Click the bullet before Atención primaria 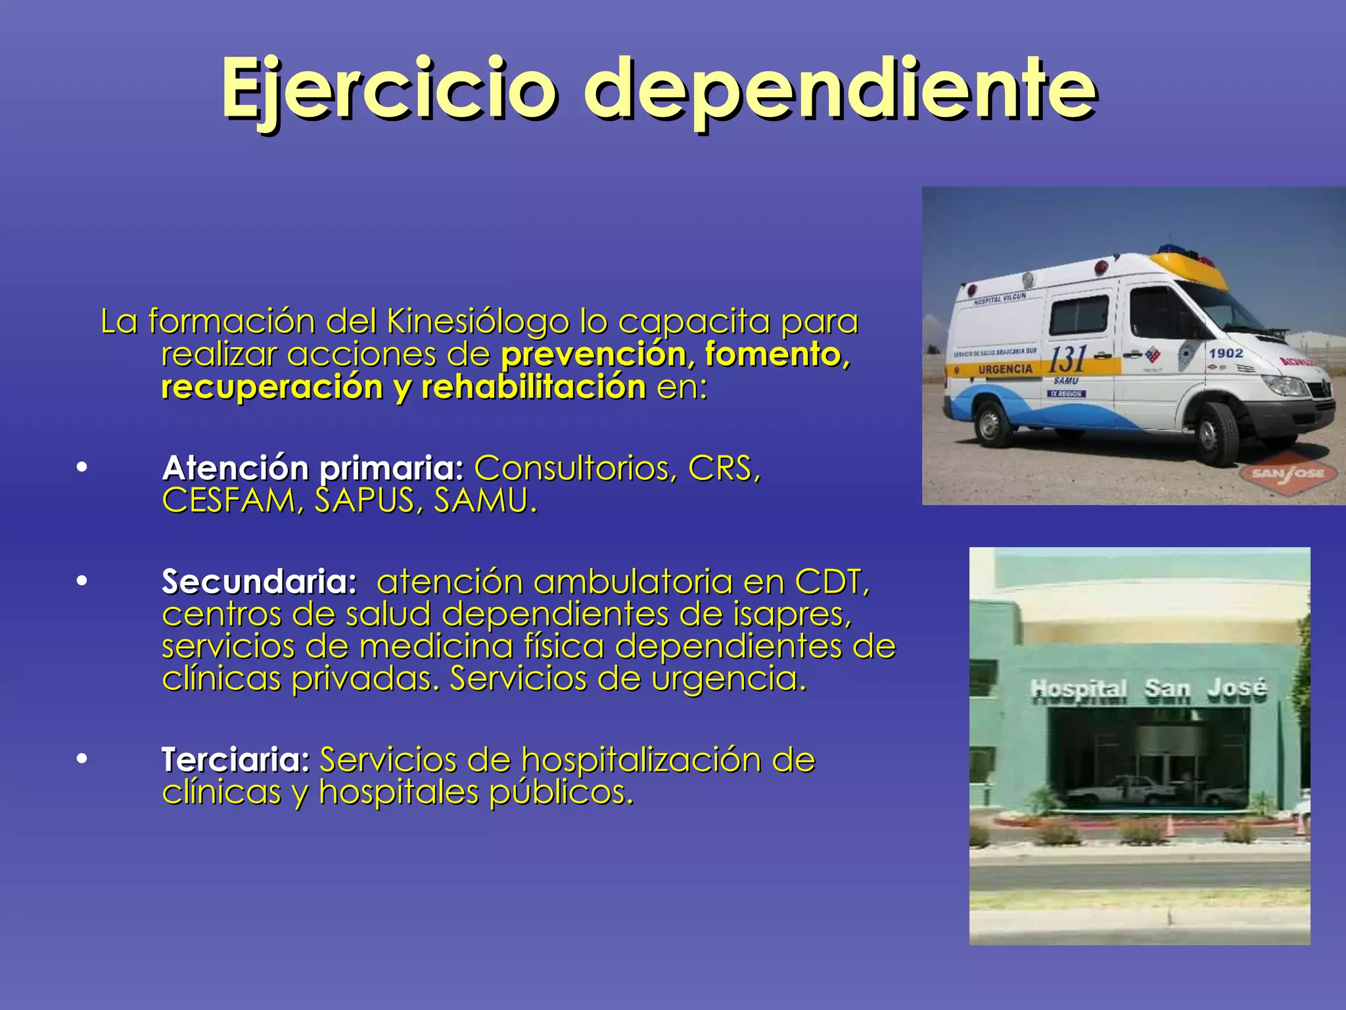(81, 468)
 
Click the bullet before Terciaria (81, 759)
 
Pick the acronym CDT (831, 582)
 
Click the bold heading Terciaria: (235, 759)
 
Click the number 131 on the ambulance (1067, 360)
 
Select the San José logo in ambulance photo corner (1289, 473)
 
